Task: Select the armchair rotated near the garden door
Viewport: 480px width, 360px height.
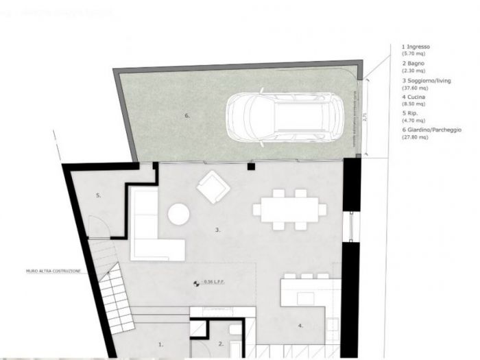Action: point(212,187)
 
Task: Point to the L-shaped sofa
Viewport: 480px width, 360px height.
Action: point(151,230)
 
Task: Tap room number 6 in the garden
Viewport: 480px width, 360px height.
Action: point(187,116)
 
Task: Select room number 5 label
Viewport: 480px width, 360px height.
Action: point(99,195)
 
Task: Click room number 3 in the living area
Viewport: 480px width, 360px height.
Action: point(217,230)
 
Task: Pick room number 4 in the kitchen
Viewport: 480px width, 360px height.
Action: point(300,326)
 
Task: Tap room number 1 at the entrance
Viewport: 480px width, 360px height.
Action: point(160,344)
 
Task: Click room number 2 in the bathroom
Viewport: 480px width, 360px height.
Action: point(221,344)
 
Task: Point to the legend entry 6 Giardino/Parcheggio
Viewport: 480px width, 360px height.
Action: point(431,130)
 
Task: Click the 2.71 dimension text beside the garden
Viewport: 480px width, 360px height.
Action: point(364,117)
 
